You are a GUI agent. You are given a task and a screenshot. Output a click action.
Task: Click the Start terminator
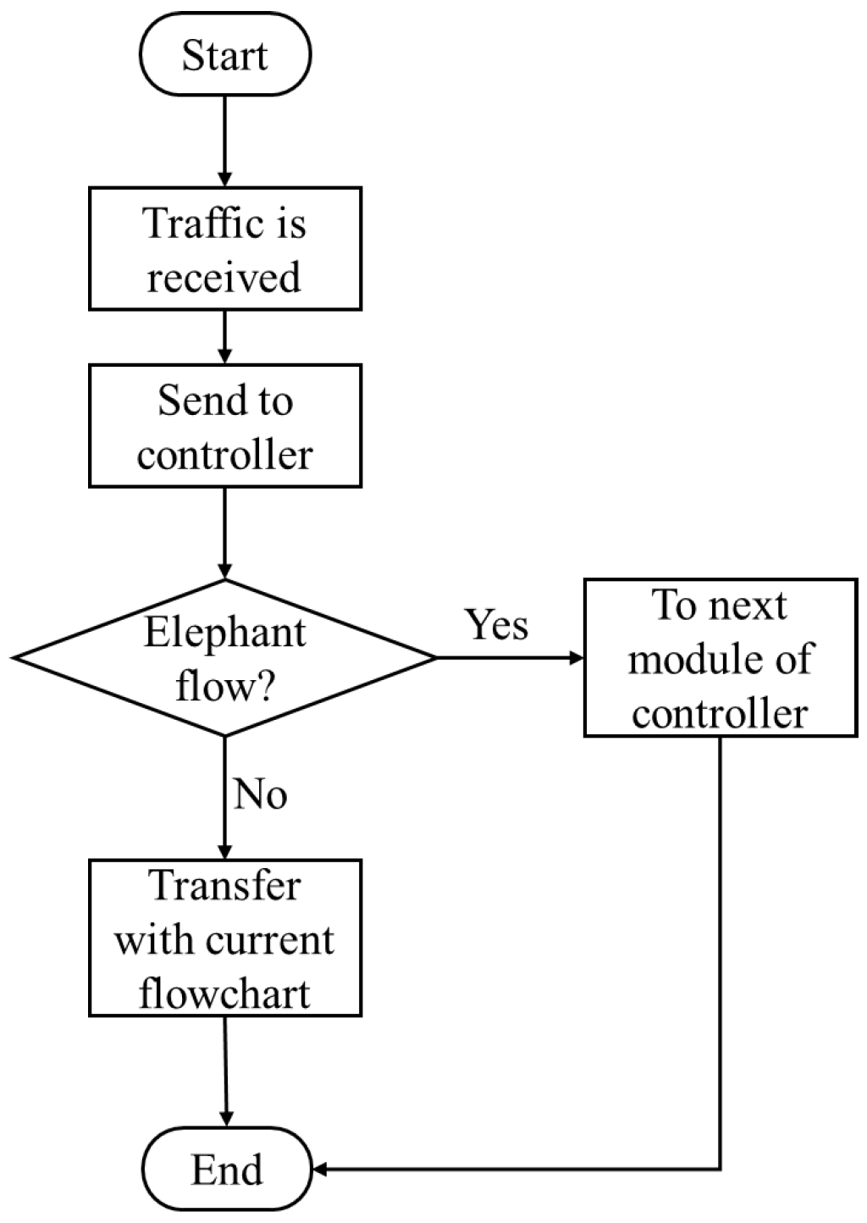pyautogui.click(x=225, y=55)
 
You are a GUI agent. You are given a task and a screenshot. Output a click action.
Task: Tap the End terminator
pyautogui.click(x=226, y=1170)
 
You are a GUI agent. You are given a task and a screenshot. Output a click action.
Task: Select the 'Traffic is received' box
pyautogui.click(x=225, y=249)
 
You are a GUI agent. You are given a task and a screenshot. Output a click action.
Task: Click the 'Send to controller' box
pyautogui.click(x=225, y=426)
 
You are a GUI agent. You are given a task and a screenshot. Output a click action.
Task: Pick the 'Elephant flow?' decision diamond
pyautogui.click(x=225, y=658)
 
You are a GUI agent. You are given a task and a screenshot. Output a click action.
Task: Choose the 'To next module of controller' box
pyautogui.click(x=721, y=658)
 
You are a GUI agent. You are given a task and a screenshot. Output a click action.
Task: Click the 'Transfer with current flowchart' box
pyautogui.click(x=225, y=938)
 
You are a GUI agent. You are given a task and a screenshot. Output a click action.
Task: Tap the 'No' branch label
pyautogui.click(x=260, y=794)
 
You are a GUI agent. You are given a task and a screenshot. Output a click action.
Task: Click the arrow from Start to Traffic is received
pyautogui.click(x=225, y=140)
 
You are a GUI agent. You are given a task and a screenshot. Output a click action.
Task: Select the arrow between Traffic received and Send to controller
pyautogui.click(x=225, y=336)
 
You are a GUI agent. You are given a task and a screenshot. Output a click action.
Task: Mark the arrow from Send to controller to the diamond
pyautogui.click(x=225, y=532)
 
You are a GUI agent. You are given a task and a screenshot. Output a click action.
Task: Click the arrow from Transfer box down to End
pyautogui.click(x=226, y=1071)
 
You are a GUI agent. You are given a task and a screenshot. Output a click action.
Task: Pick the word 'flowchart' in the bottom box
pyautogui.click(x=225, y=993)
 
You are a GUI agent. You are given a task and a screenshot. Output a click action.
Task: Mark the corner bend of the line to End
pyautogui.click(x=721, y=1170)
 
